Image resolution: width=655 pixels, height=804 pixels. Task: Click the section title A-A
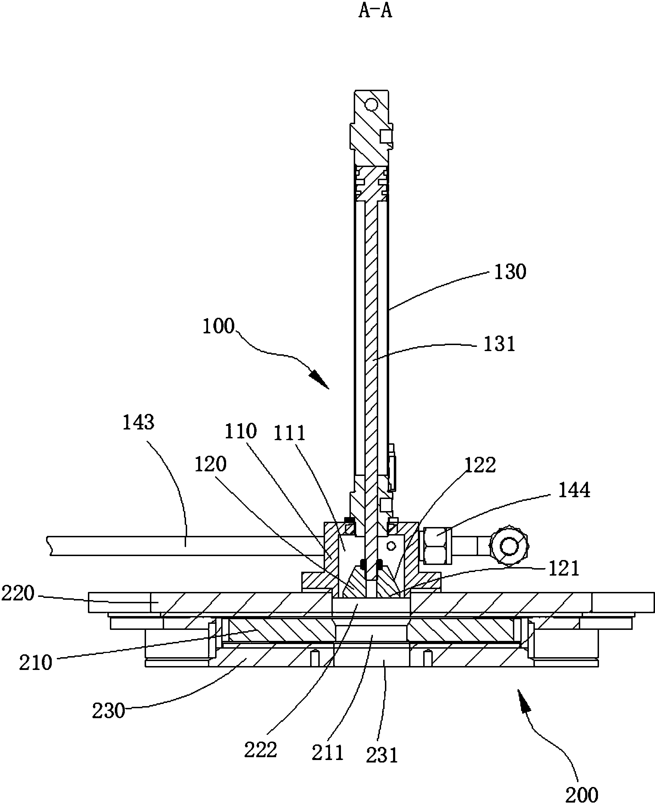[x=375, y=11]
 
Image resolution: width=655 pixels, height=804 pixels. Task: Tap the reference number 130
[x=510, y=272]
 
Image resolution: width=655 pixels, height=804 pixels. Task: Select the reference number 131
[x=499, y=344]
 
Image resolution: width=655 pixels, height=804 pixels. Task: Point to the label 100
[x=218, y=326]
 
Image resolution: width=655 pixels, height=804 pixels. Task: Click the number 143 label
[x=139, y=422]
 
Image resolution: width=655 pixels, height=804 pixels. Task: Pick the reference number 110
[x=240, y=431]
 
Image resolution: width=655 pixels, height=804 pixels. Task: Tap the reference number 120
[x=210, y=464]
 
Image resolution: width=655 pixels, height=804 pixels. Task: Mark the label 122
[x=480, y=465]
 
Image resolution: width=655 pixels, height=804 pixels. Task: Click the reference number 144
[x=573, y=490]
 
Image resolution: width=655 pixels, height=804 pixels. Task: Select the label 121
[x=563, y=569]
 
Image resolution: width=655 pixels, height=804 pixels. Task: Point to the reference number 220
[x=18, y=593]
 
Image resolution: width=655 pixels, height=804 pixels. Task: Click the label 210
[x=35, y=663]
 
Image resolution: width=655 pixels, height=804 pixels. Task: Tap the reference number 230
[x=109, y=711]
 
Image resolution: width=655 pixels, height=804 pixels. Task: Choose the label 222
[x=261, y=750]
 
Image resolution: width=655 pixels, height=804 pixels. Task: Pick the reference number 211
[x=327, y=753]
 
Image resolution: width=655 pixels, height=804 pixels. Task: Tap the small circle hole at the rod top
[x=372, y=104]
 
